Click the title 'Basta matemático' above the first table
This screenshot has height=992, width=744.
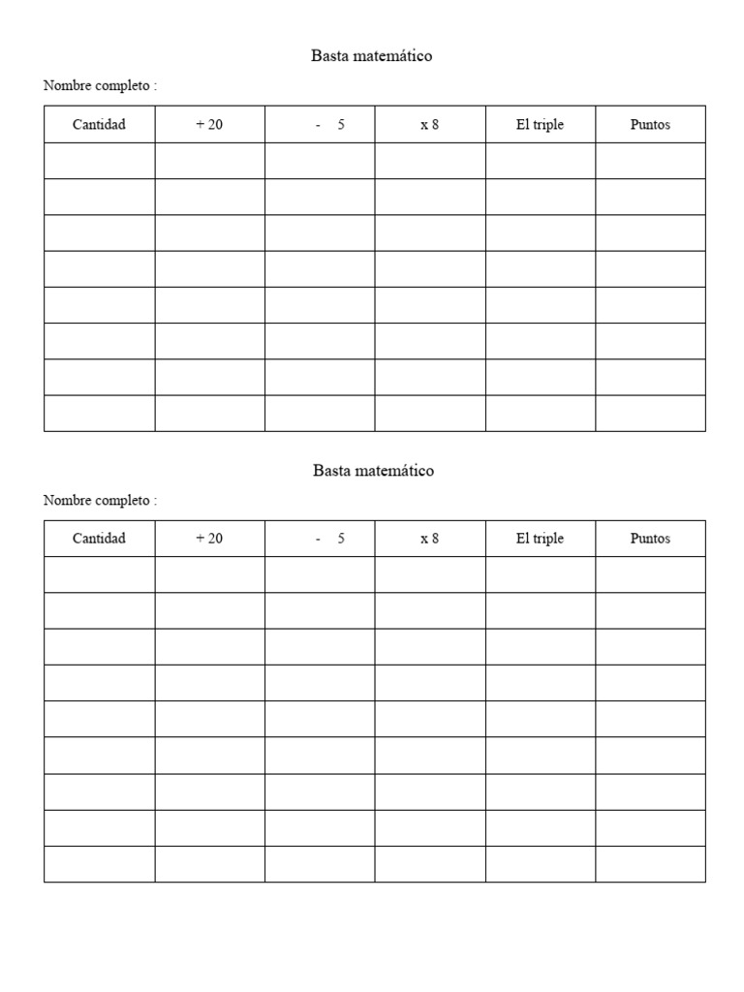coord(372,56)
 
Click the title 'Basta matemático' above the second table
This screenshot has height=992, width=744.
coord(373,471)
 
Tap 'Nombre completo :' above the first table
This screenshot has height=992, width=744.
coord(100,86)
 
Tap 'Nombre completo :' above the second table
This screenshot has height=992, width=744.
coord(100,501)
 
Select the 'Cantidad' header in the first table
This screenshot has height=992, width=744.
coord(99,125)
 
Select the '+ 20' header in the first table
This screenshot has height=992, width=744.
coord(209,125)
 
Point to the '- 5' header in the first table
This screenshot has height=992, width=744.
coord(330,125)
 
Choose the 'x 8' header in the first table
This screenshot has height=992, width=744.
coord(429,125)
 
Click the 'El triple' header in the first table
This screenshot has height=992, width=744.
coord(540,125)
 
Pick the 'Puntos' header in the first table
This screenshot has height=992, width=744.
coord(650,125)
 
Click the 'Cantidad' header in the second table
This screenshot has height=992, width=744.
coord(99,539)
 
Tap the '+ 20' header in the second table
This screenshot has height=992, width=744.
coord(209,539)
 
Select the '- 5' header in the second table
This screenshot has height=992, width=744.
coord(330,539)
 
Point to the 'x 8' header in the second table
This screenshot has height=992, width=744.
coord(429,539)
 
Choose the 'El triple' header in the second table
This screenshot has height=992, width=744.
coord(540,539)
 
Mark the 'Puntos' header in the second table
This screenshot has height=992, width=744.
coord(650,539)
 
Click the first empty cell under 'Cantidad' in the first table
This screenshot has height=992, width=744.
coord(99,161)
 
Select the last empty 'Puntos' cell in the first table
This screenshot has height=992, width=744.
coord(650,413)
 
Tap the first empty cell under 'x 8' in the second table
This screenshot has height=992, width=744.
coord(429,574)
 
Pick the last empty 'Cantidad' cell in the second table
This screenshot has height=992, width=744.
coord(99,864)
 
